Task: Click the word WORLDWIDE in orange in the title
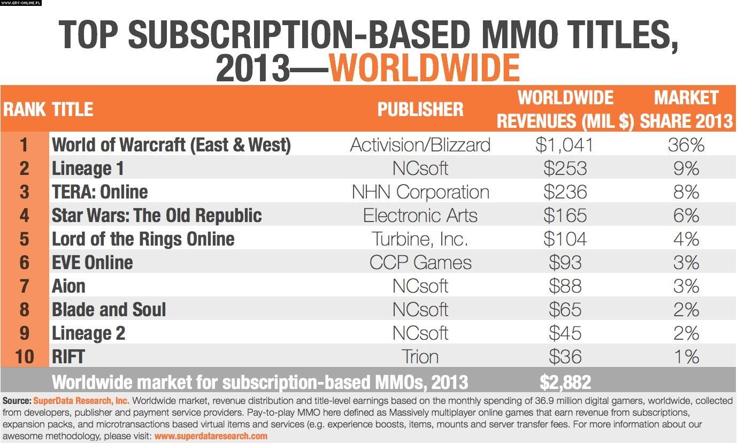424,67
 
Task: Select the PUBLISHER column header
420,109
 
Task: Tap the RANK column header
24,109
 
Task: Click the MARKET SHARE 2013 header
686,109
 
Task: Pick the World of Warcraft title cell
171,145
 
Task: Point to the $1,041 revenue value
565,145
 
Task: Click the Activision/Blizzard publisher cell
420,145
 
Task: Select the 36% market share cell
686,145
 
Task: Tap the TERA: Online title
100,192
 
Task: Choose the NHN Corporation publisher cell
420,192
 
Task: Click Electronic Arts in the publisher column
420,216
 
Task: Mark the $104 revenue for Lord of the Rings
565,239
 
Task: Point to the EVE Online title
93,263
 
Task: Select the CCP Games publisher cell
420,263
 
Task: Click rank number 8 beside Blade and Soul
24,310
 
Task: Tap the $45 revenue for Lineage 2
565,333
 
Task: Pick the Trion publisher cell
420,357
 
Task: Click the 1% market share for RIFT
686,357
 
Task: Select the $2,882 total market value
565,382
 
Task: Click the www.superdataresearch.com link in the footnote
211,436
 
